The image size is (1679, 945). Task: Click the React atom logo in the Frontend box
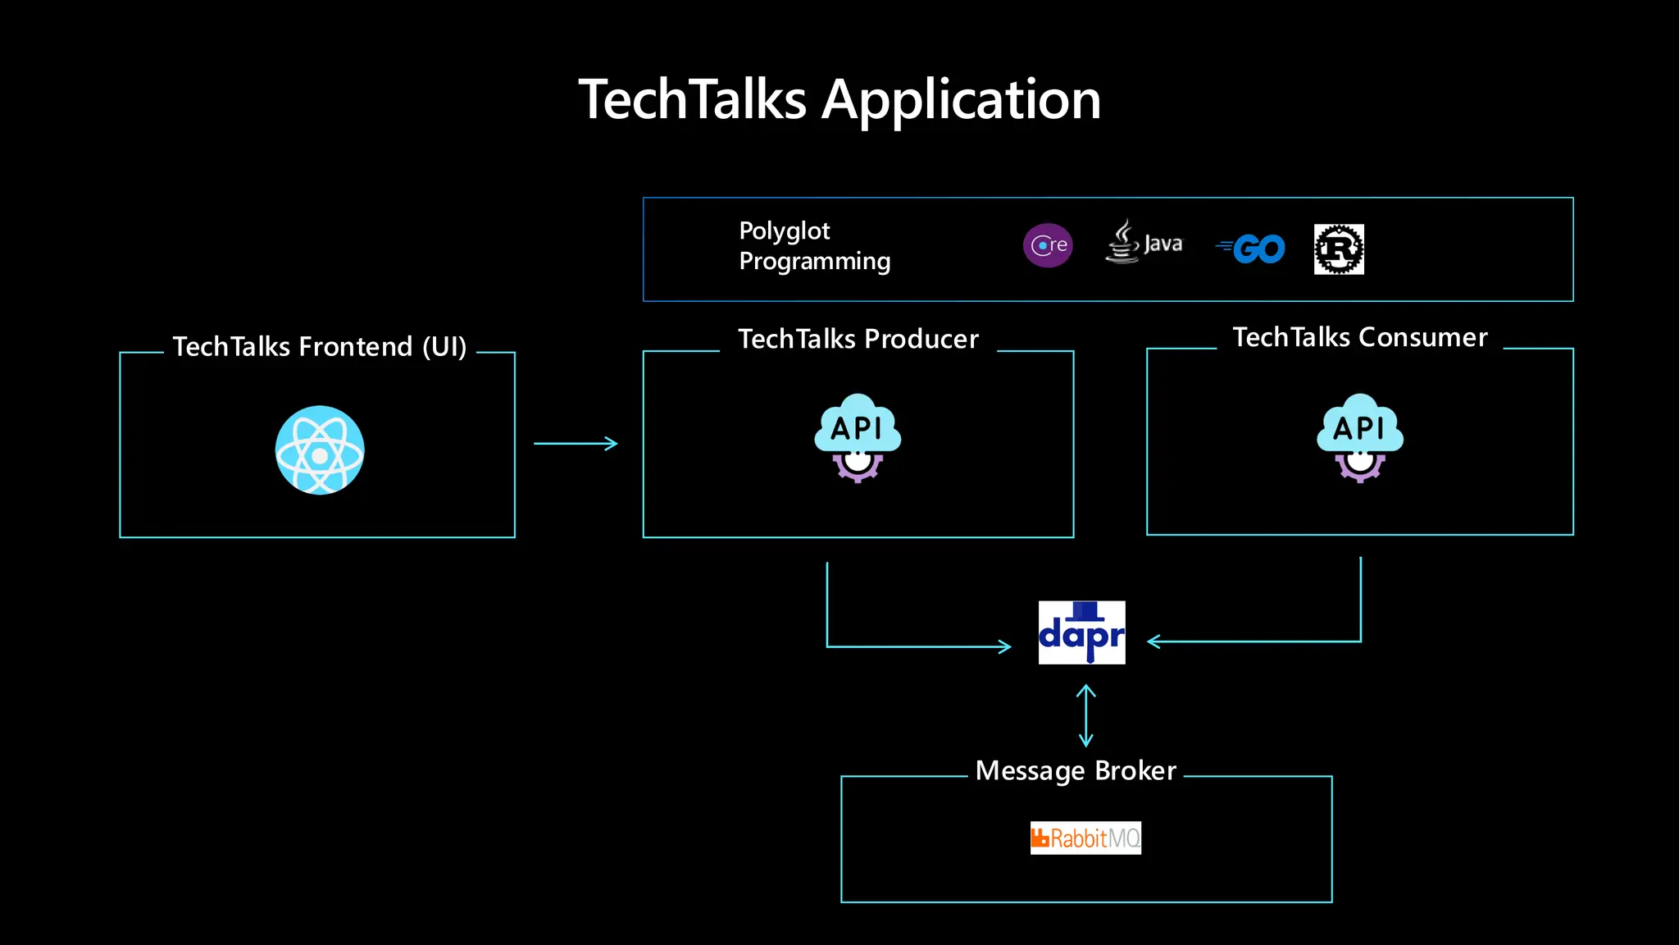[x=320, y=450]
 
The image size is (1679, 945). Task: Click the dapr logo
[x=1081, y=632]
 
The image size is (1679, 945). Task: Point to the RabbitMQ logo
[x=1085, y=838]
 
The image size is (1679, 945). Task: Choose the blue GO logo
[x=1252, y=249]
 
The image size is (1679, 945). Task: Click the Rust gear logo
[x=1339, y=249]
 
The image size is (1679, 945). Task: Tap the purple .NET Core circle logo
[x=1048, y=245]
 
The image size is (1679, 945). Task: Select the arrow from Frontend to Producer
[x=576, y=444]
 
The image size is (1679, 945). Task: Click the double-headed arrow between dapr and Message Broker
[x=1085, y=715]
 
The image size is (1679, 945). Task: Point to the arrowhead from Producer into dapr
[x=1004, y=646]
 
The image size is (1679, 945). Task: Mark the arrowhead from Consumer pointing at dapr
[x=1154, y=641]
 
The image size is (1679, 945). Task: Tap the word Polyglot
[x=785, y=231]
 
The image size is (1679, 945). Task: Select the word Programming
[x=814, y=261]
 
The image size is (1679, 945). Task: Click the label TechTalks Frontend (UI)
[x=320, y=347]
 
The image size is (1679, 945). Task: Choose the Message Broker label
[x=1076, y=771]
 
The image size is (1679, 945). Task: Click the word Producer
[x=921, y=339]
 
